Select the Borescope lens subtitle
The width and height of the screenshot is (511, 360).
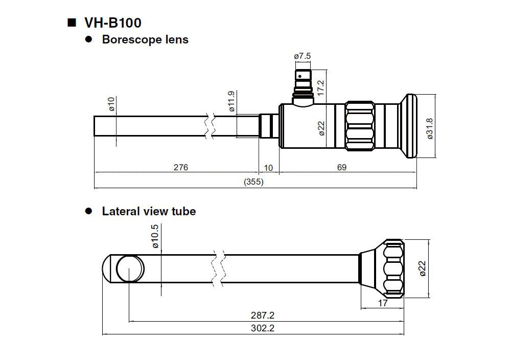(145, 39)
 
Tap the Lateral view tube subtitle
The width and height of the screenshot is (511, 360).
(149, 211)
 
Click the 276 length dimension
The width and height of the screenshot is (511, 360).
(181, 167)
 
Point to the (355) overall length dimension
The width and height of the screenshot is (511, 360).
(253, 182)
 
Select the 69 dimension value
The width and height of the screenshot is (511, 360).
(342, 167)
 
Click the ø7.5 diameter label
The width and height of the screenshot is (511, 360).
(303, 56)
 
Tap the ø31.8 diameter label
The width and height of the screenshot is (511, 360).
(430, 128)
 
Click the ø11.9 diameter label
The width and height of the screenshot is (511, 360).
(231, 101)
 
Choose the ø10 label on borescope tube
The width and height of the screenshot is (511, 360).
(111, 104)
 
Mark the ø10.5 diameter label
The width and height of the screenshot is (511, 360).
(155, 237)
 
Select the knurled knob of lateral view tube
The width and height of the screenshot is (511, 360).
(392, 268)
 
